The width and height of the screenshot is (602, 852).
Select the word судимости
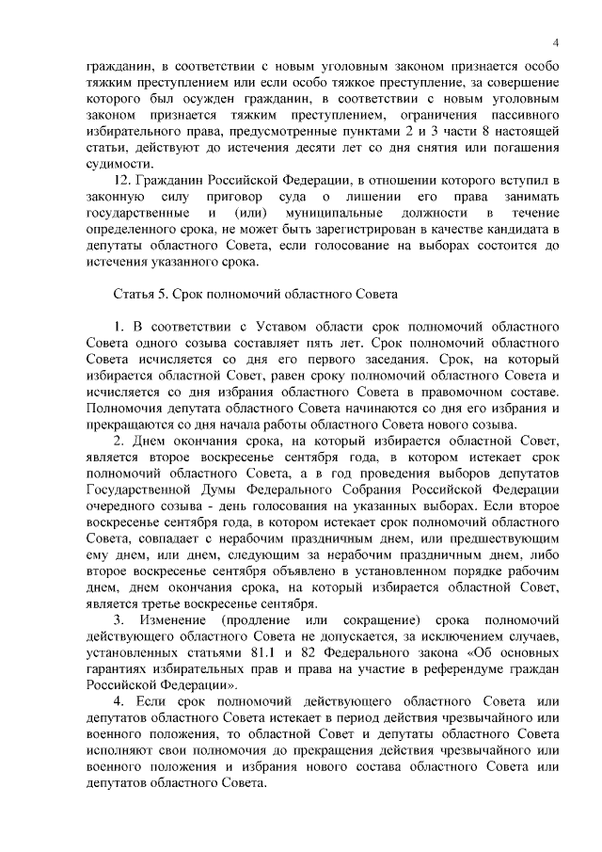pos(119,161)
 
